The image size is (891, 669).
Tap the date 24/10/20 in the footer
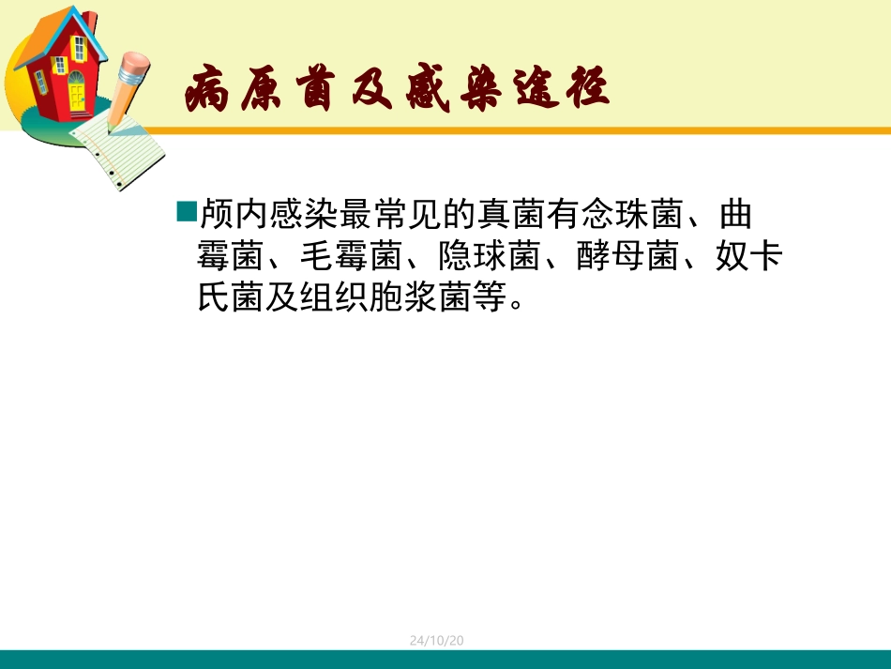[437, 640]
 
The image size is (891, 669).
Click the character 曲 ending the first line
[736, 215]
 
